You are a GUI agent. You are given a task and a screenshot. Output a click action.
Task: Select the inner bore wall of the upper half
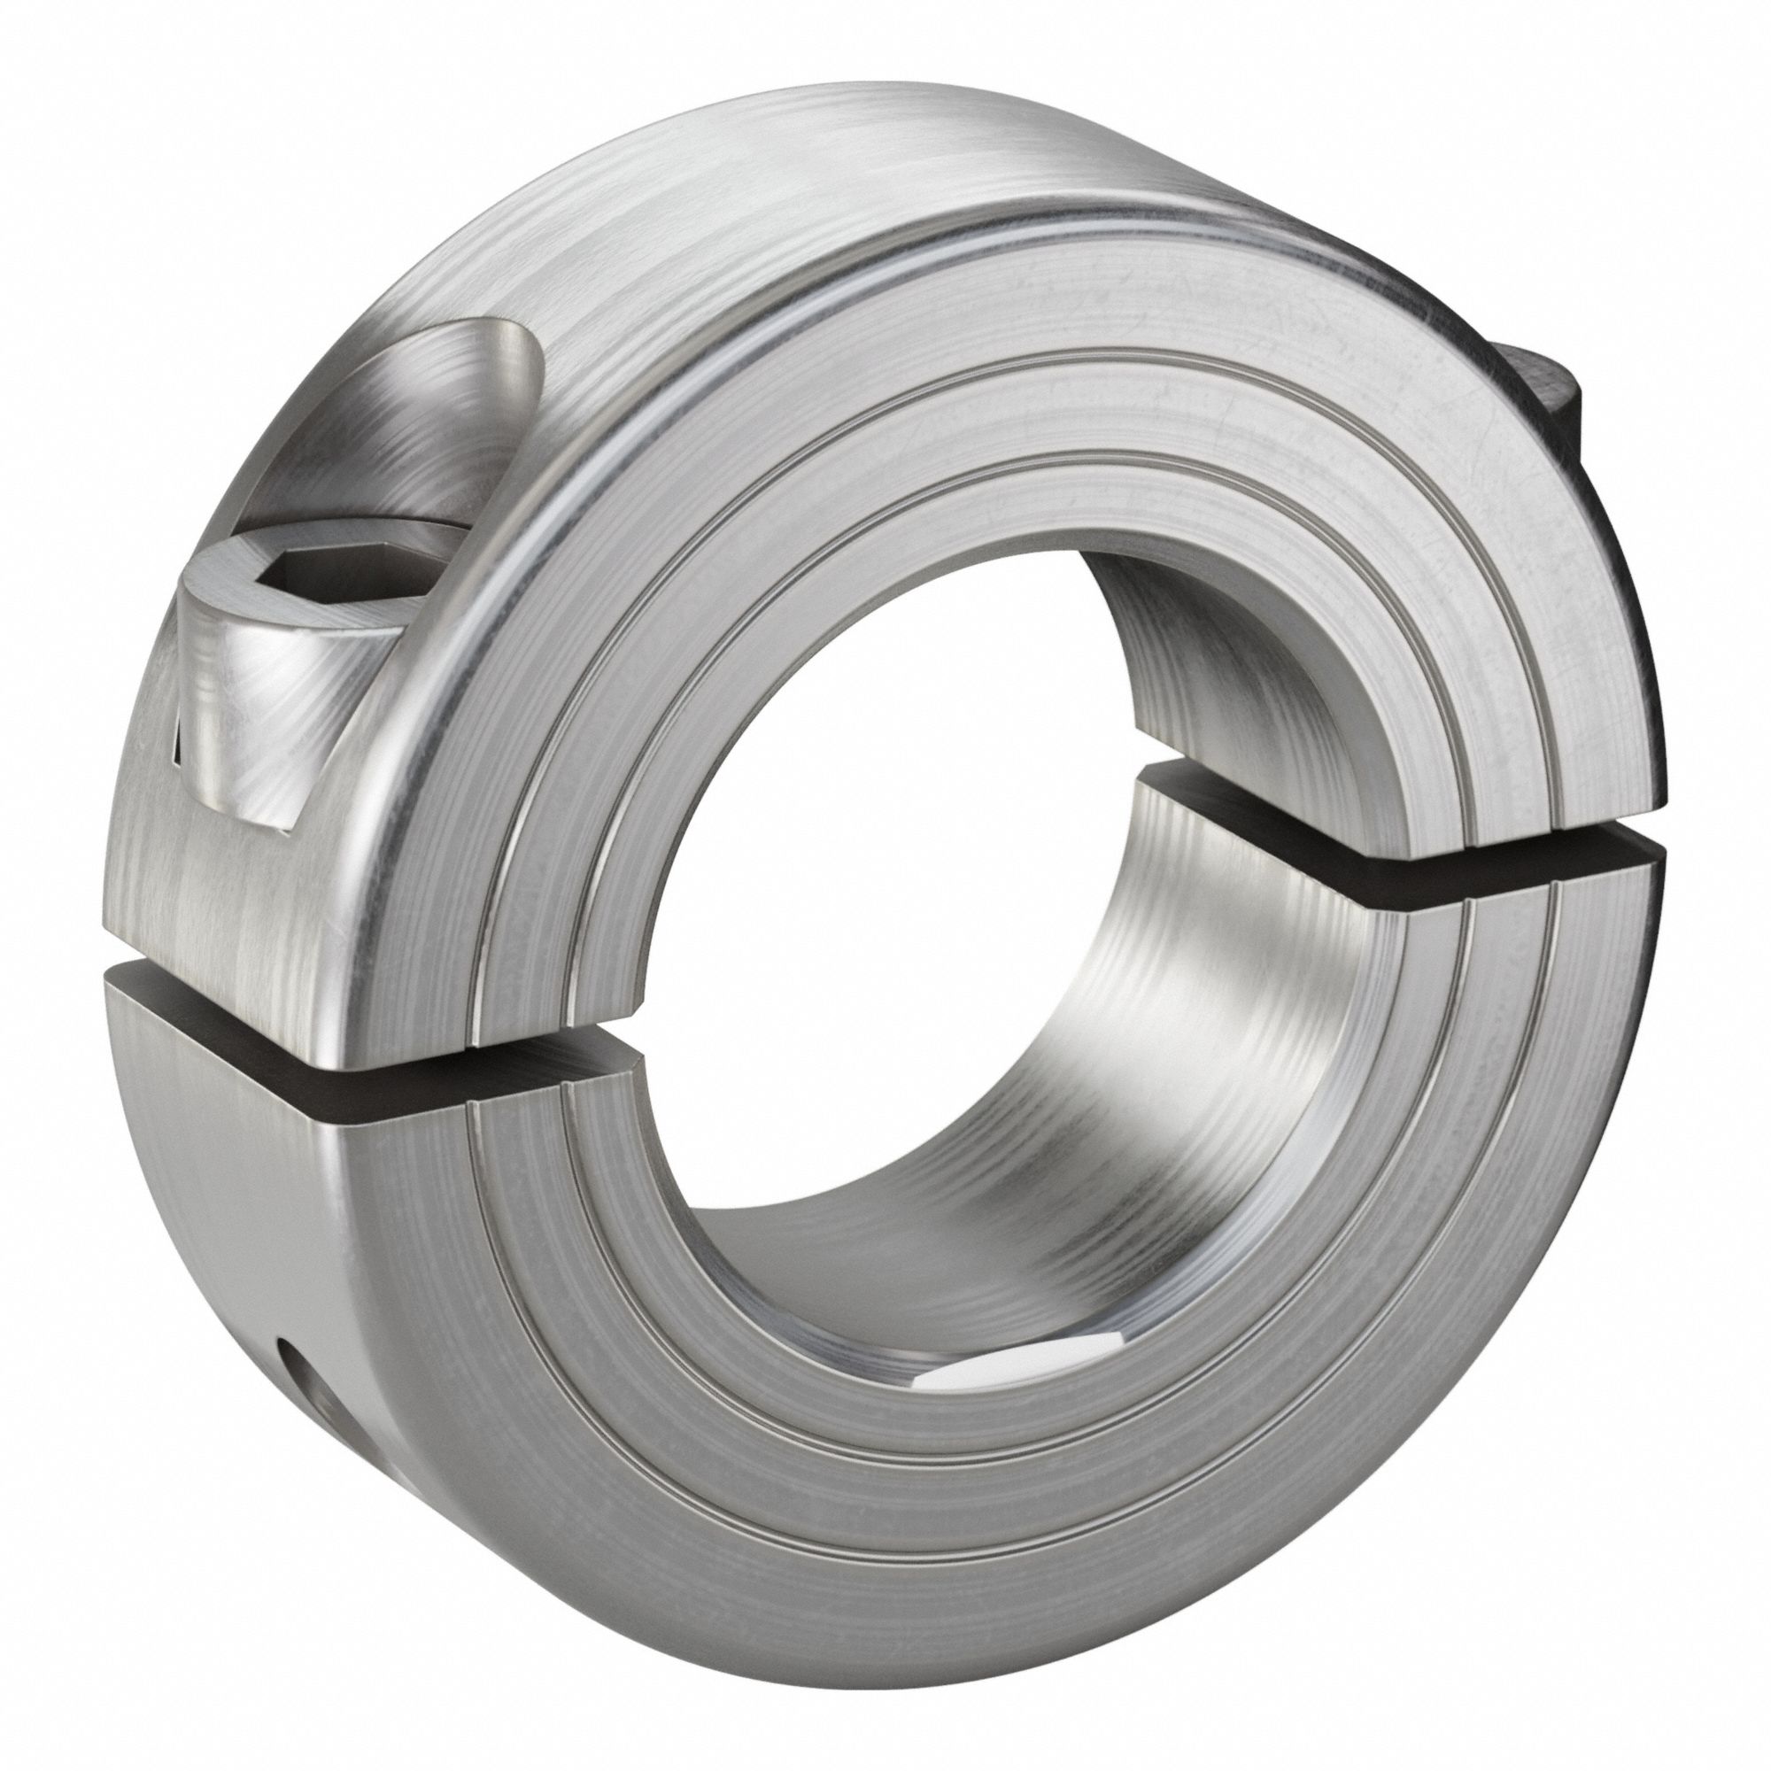coord(1219,660)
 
